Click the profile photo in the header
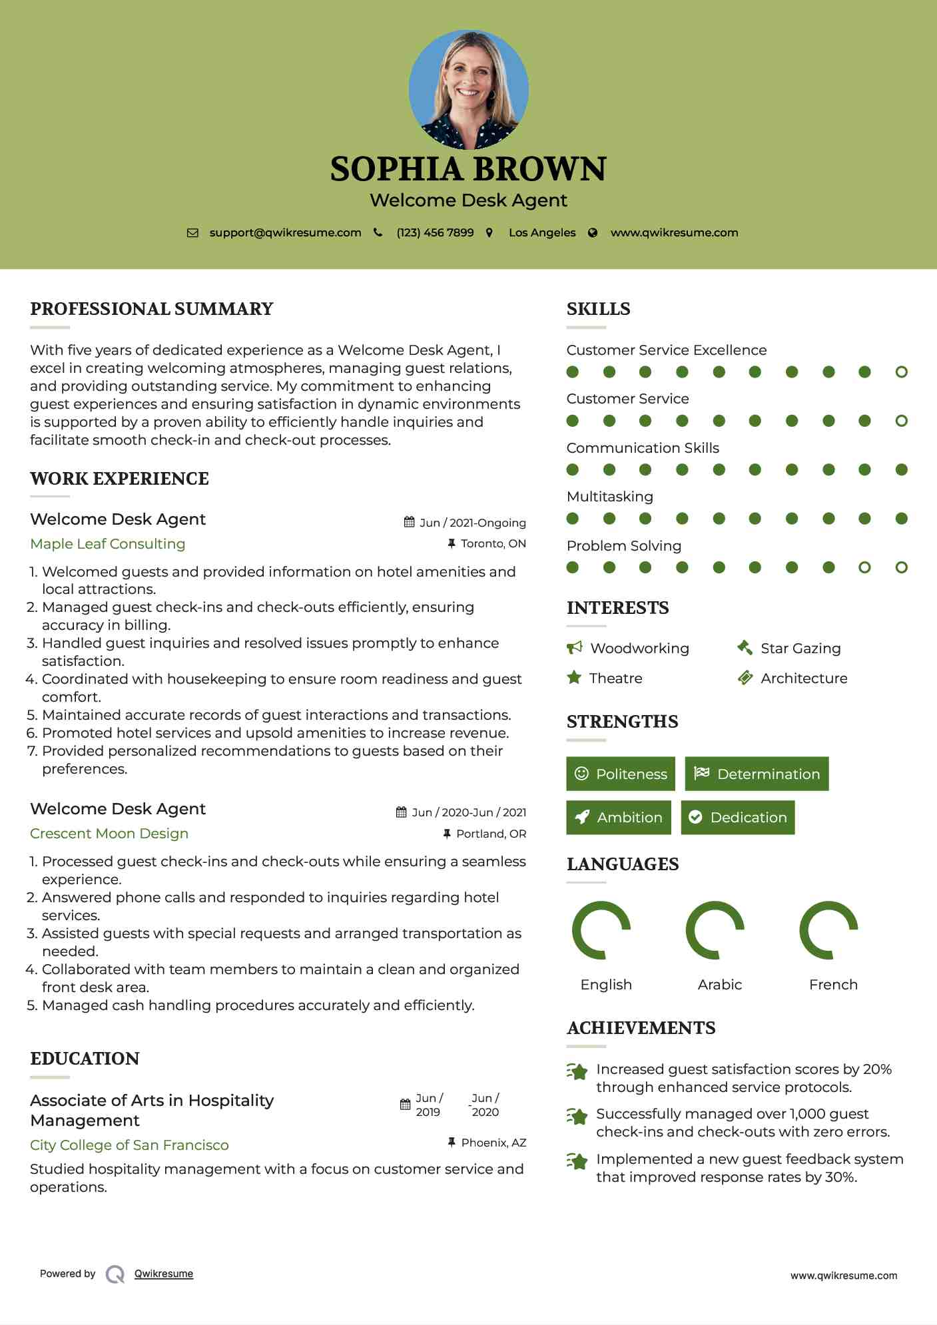(x=469, y=89)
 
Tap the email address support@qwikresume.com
(x=285, y=233)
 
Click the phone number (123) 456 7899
(x=435, y=233)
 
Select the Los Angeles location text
(x=542, y=233)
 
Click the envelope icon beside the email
(x=192, y=233)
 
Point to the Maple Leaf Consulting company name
(x=108, y=544)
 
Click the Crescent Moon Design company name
(x=109, y=834)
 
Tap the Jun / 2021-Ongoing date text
(x=472, y=523)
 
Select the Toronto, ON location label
(x=493, y=544)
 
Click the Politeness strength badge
(x=621, y=774)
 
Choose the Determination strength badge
(x=757, y=774)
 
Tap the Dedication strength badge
(x=738, y=818)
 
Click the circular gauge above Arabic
(x=715, y=930)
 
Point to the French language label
(x=833, y=985)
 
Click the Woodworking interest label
(x=639, y=649)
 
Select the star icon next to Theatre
(x=574, y=678)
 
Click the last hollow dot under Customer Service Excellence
(x=902, y=372)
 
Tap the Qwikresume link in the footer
(x=164, y=1274)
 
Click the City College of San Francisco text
(x=129, y=1145)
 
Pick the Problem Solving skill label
(x=624, y=546)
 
